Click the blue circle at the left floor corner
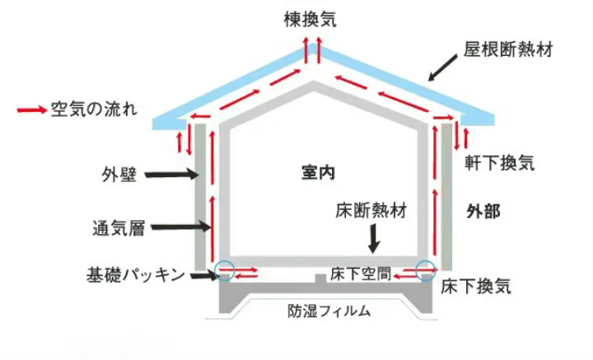(x=225, y=269)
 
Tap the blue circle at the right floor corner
(x=426, y=269)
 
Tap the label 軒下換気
(x=500, y=161)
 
